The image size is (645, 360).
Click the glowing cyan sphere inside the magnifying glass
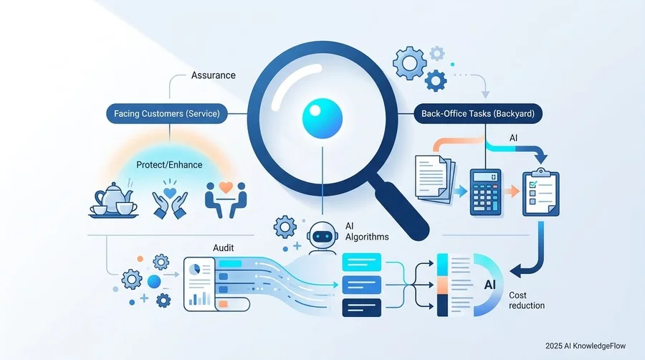tap(322, 118)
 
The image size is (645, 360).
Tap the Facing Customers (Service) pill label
tap(166, 113)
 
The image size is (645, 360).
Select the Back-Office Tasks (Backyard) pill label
tap(478, 113)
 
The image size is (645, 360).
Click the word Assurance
tap(213, 75)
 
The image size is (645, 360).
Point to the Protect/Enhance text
tap(169, 165)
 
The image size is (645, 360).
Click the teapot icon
tap(113, 200)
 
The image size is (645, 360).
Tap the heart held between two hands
tap(169, 192)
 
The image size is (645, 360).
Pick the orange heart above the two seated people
tap(226, 187)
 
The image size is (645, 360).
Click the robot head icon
tap(322, 235)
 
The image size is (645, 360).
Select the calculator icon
tap(485, 192)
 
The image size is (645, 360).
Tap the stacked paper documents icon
tap(435, 179)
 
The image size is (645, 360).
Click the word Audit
tap(224, 247)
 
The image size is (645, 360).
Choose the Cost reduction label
tap(527, 300)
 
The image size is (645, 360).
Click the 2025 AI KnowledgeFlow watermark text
tap(586, 346)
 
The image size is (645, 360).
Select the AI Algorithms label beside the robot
tap(367, 231)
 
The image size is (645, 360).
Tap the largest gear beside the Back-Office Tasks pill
tap(409, 63)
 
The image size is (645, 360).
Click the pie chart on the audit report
tap(194, 269)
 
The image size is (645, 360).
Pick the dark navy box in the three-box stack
tap(362, 308)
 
